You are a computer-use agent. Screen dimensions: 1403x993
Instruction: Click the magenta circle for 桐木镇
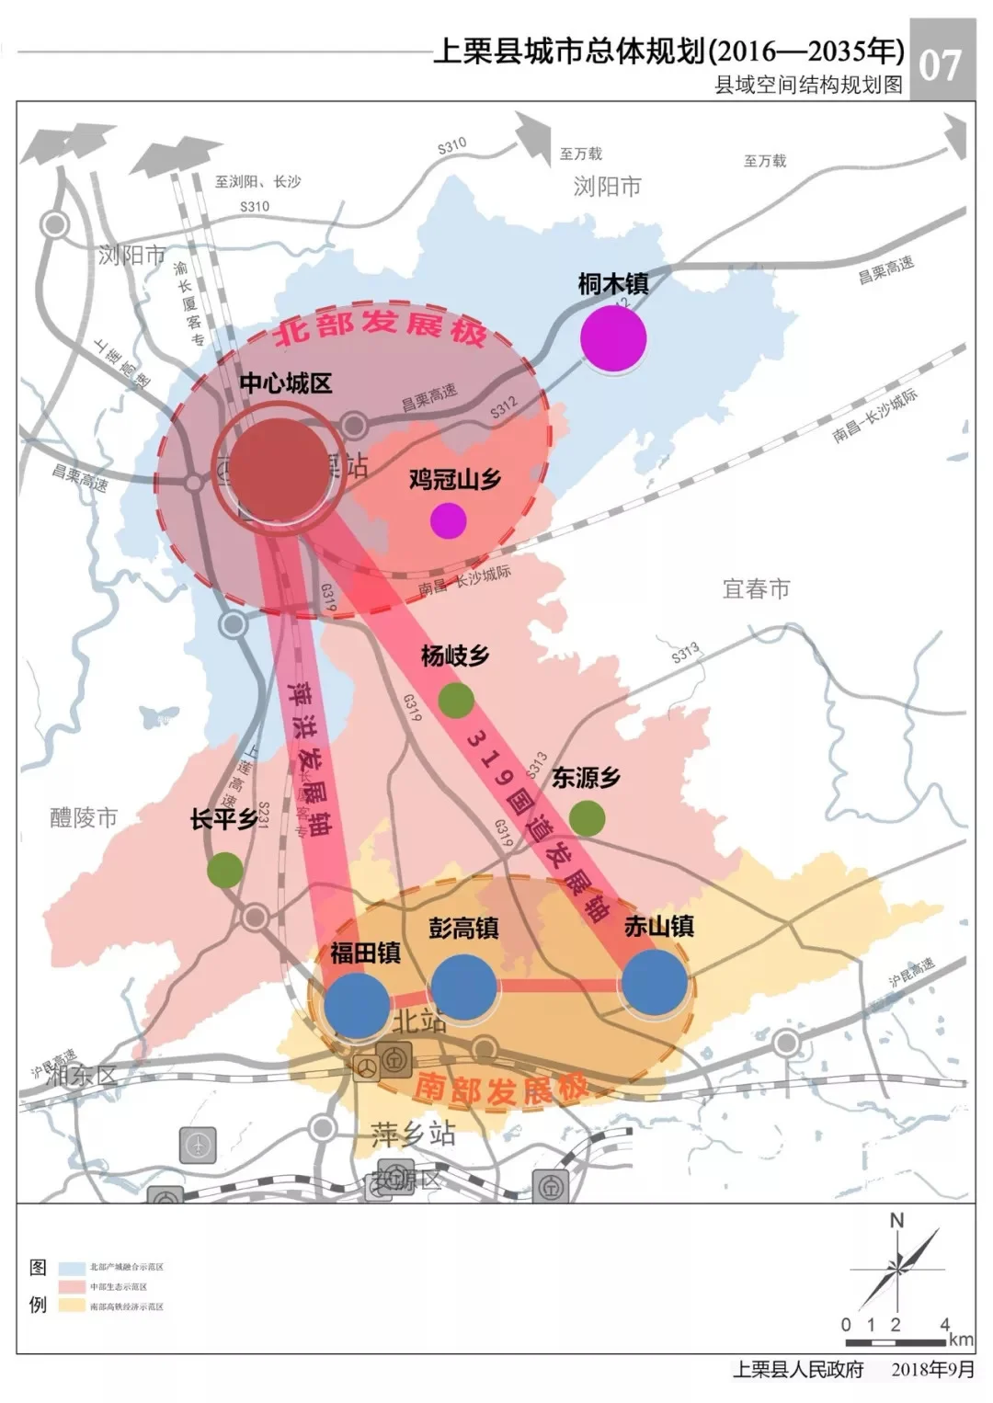point(613,338)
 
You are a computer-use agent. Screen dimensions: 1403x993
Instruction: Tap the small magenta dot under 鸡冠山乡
point(449,520)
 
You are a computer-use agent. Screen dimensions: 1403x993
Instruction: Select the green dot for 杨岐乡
point(455,701)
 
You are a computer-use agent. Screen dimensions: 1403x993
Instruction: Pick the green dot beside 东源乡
point(587,817)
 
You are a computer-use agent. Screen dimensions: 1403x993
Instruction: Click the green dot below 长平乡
point(225,869)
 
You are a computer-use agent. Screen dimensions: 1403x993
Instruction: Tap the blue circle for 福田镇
point(357,1005)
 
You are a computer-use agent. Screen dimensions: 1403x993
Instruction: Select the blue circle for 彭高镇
point(463,987)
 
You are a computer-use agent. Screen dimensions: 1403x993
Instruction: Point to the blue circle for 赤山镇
point(655,982)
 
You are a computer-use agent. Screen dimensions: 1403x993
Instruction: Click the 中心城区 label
point(286,383)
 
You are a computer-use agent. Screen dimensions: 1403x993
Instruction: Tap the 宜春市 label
point(756,588)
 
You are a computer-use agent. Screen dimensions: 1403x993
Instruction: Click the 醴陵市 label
point(84,817)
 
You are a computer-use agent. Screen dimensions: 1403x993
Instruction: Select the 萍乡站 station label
point(413,1134)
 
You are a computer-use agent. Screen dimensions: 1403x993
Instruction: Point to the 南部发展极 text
point(500,1090)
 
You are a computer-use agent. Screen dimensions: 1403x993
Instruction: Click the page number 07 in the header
point(941,64)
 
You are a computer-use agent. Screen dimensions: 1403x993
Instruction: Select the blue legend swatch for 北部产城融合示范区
point(73,1267)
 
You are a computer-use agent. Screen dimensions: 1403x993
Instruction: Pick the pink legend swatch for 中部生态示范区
point(73,1286)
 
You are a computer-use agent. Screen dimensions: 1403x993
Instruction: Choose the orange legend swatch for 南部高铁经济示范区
point(73,1306)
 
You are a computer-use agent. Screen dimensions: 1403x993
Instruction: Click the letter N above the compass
point(896,1221)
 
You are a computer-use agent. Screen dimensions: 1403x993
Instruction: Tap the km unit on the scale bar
point(961,1340)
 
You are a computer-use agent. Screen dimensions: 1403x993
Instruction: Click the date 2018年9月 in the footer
point(932,1369)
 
